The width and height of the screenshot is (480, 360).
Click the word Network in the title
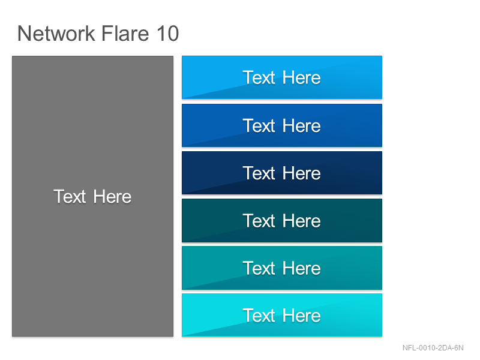56,34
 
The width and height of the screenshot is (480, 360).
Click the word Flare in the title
125,34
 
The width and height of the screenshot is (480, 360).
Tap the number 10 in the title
168,34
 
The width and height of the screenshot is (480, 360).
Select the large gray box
93,196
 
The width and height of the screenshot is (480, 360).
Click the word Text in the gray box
70,196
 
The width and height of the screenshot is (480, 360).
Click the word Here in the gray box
112,196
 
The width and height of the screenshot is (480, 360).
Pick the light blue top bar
282,77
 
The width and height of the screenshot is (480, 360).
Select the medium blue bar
282,125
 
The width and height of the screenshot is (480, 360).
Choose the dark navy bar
282,173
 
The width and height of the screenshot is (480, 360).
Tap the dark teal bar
282,220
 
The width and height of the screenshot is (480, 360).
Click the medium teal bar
282,268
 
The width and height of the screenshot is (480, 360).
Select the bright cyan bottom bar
282,316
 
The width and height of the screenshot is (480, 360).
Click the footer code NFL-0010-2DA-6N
433,348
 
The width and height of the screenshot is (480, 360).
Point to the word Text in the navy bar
259,173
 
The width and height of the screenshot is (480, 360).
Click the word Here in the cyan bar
302,316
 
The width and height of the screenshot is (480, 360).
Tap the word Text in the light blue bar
259,77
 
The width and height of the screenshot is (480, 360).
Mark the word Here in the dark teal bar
302,221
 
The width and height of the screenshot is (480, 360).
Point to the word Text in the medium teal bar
259,268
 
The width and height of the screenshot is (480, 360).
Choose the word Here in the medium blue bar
302,126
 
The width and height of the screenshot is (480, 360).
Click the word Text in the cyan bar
259,316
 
